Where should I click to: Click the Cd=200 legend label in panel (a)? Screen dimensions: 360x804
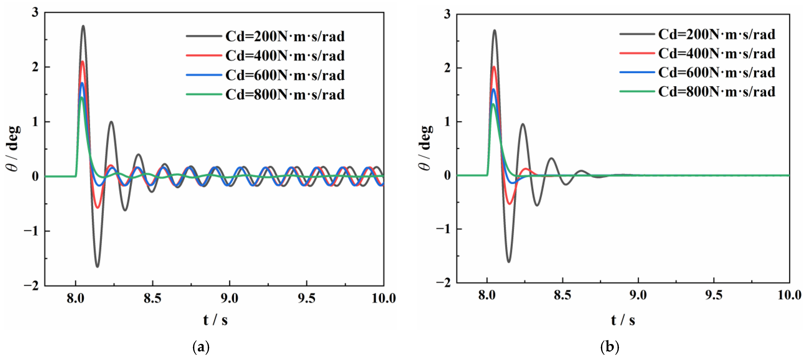pos(285,37)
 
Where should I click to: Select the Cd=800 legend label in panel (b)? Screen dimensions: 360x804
pos(717,92)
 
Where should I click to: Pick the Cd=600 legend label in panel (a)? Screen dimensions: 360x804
pos(285,75)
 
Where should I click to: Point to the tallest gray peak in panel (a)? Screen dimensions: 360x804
pos(83,26)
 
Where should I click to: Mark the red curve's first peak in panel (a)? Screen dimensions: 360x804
pos(82,61)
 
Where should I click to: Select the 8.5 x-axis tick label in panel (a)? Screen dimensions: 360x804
pos(152,299)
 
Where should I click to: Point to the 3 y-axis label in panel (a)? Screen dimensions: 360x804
pos(35,12)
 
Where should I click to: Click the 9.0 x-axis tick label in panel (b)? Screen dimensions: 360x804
pos(638,295)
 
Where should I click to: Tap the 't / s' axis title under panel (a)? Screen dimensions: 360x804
pos(215,320)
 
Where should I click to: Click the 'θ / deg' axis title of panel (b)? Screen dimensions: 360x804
pos(426,148)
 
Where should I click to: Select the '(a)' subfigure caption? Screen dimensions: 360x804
pos(201,347)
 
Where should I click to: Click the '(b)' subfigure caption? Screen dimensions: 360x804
pos(609,347)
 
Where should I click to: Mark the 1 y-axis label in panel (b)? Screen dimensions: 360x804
pos(447,122)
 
